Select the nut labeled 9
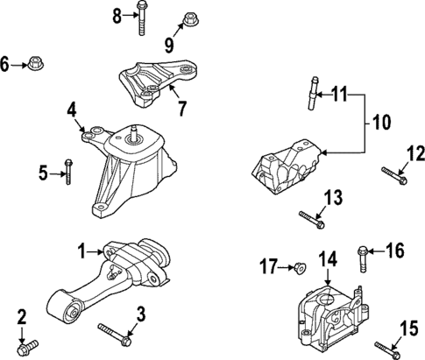click(188, 18)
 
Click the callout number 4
click(73, 109)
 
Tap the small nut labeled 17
click(296, 265)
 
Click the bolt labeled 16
click(360, 257)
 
